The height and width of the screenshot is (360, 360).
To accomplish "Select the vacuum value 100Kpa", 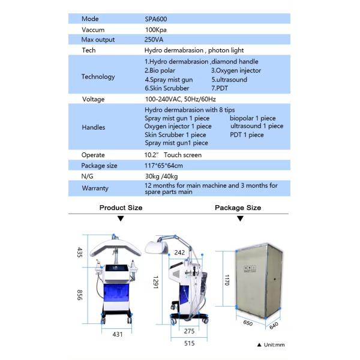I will (x=155, y=29).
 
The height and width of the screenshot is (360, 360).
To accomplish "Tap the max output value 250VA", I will (x=154, y=40).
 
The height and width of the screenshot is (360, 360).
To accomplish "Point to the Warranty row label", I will (x=95, y=188).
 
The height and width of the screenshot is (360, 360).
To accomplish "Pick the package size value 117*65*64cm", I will (x=164, y=166).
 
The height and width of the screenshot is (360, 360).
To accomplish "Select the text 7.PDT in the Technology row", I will (x=220, y=88).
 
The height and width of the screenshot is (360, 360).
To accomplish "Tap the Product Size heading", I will (x=121, y=208).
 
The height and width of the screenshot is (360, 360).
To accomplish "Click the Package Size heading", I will (x=238, y=208).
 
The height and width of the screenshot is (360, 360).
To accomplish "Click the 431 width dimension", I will (x=118, y=334).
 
